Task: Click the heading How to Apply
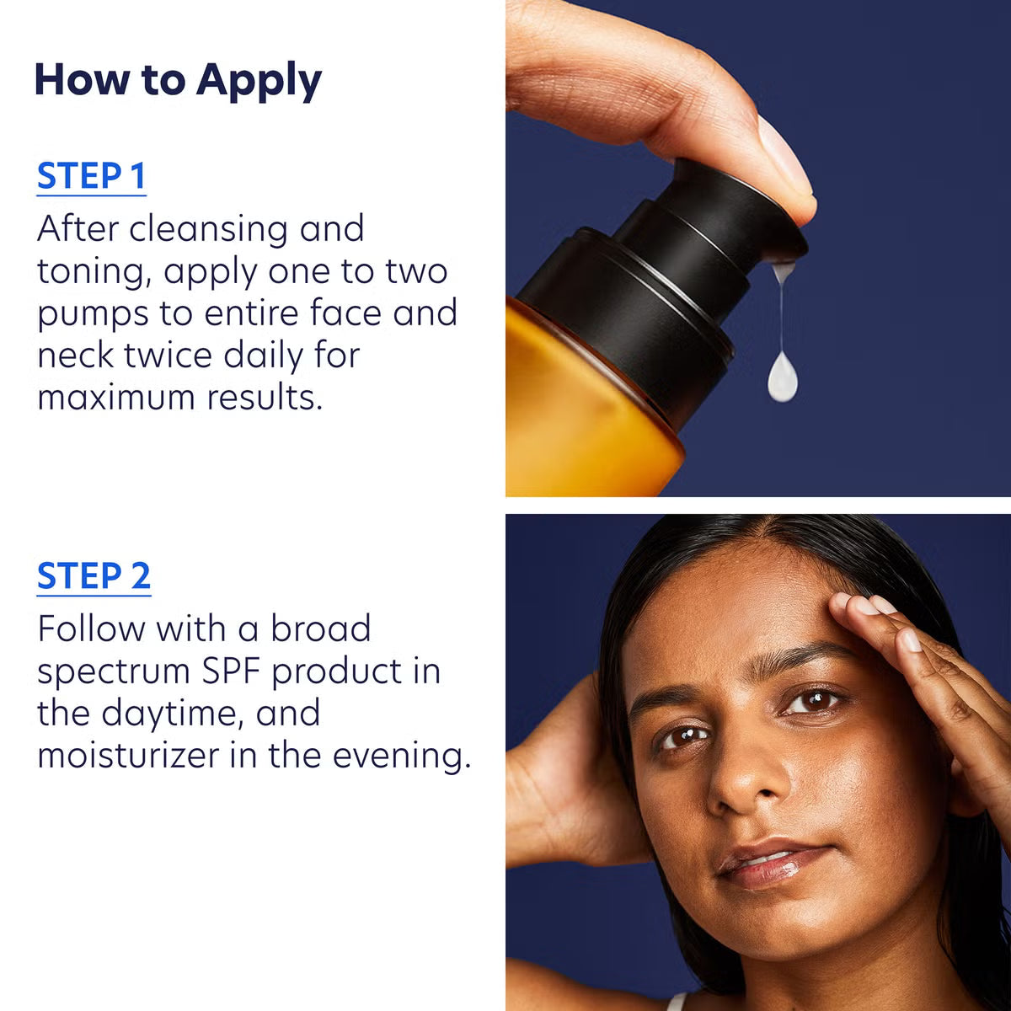[x=178, y=80]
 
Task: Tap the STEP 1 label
[x=91, y=176]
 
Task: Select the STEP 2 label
[x=94, y=576]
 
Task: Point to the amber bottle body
[x=581, y=404]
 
